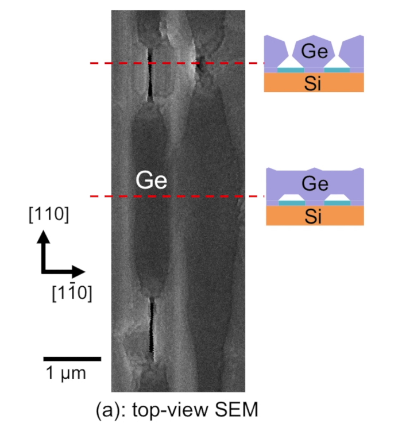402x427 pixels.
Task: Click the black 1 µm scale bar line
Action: (72, 359)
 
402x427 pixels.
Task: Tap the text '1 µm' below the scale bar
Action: (66, 374)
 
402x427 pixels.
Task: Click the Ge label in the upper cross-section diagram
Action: (314, 51)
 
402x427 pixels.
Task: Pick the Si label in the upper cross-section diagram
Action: (314, 83)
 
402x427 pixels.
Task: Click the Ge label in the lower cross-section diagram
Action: (314, 183)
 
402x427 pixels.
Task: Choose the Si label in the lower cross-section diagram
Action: (314, 216)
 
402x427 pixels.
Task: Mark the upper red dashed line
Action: (172, 63)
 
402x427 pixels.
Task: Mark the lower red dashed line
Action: (172, 197)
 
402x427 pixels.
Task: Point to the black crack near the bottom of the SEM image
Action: (152, 325)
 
